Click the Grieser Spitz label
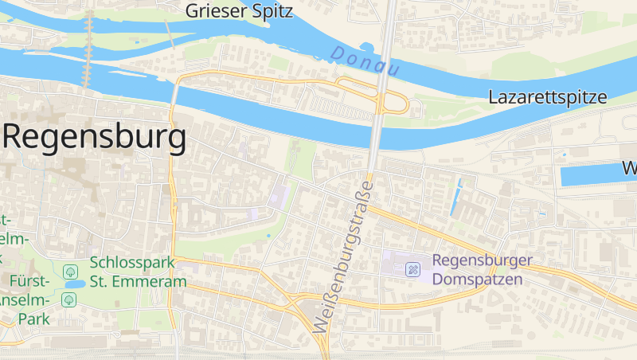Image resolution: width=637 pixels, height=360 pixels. (x=239, y=11)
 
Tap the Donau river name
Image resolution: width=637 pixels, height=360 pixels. (x=364, y=61)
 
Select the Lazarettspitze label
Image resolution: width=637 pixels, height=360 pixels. (x=548, y=98)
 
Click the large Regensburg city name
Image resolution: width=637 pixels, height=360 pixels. (x=96, y=137)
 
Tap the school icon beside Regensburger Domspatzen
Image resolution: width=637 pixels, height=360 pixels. (x=413, y=269)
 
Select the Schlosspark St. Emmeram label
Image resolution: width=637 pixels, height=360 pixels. (x=138, y=272)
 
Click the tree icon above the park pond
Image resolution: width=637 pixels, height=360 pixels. (x=70, y=271)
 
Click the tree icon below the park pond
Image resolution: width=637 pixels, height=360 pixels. (x=69, y=299)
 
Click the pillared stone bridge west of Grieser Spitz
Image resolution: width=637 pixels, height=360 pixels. (x=88, y=48)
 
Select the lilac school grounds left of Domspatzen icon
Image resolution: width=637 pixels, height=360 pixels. (x=393, y=264)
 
